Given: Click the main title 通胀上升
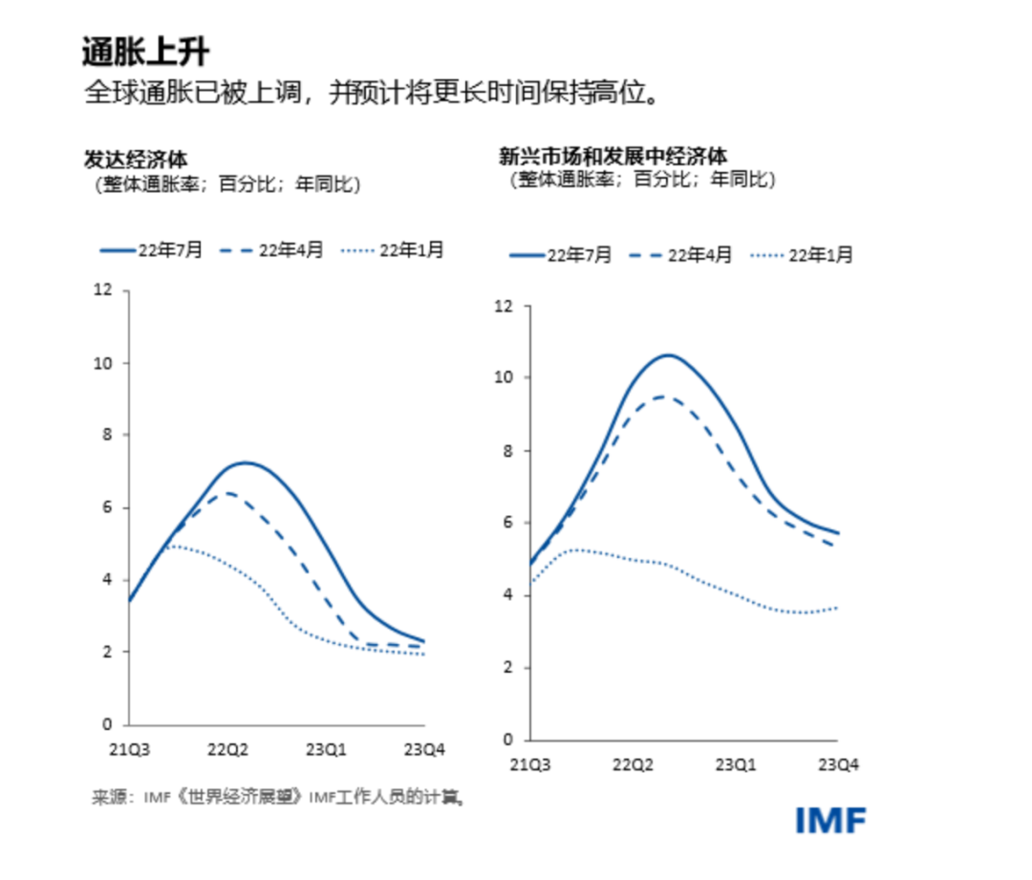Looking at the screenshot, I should click(x=144, y=52).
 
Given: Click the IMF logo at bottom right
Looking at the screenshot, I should click(x=830, y=820).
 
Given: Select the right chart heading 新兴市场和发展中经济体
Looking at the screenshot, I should click(x=613, y=155).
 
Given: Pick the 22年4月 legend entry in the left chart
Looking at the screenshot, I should click(x=272, y=250).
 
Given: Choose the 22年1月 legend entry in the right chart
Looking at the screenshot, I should click(x=802, y=255).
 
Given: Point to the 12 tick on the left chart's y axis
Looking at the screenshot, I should click(x=103, y=290).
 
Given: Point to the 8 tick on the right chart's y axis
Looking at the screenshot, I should click(x=510, y=451).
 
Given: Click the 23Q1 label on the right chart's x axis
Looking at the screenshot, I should click(x=736, y=764).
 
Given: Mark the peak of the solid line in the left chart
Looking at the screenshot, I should click(x=245, y=462).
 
